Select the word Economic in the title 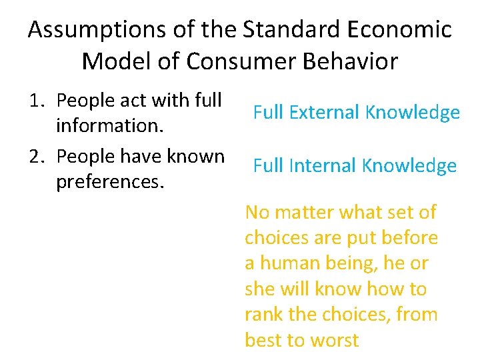pos(402,30)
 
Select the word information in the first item pos(110,125)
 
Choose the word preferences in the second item pos(110,181)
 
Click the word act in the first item pos(133,100)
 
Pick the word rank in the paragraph pos(265,315)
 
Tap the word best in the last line pos(263,340)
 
